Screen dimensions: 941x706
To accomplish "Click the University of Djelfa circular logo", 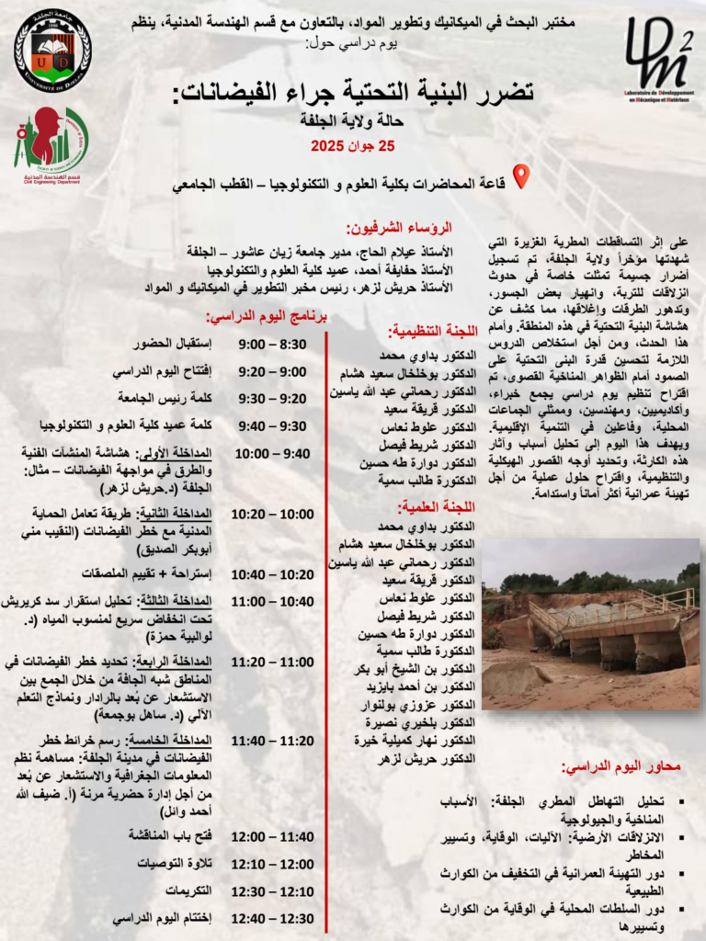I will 52,51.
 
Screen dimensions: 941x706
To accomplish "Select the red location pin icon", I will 520,176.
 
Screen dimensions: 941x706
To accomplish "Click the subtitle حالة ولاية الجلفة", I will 353,120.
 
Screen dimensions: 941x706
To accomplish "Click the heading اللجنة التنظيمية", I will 432,331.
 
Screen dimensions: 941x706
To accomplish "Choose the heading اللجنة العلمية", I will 438,506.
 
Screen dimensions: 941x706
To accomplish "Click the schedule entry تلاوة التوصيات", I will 175,864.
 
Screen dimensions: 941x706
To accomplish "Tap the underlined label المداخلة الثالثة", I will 183,601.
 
